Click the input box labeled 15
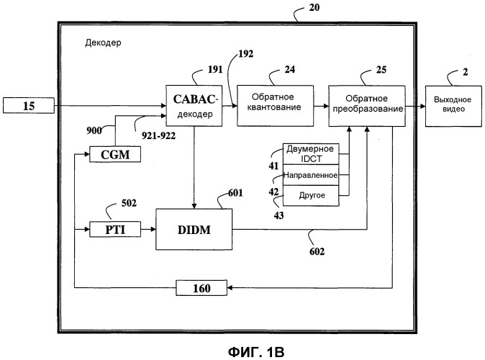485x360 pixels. (30, 107)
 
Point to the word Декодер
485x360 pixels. (102, 42)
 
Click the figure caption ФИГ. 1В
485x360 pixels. (242, 349)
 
